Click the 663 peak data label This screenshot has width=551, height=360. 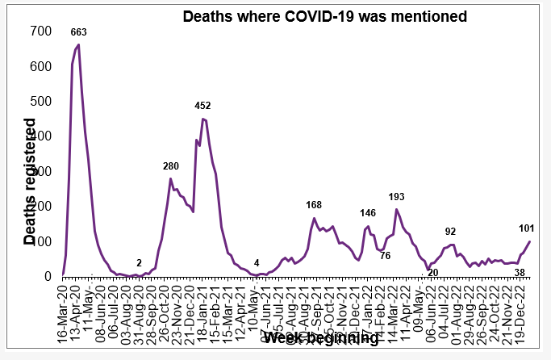click(78, 32)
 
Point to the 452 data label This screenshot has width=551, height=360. click(202, 106)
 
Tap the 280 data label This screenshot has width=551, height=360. click(171, 166)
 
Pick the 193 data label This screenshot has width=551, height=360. click(397, 196)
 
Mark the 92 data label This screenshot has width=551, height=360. click(450, 232)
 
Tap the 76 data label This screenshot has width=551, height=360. click(385, 256)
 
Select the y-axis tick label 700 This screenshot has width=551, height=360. click(40, 31)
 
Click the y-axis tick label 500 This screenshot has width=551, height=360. click(40, 102)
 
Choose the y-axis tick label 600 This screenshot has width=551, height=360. click(40, 66)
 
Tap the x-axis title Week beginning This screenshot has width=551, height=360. click(320, 337)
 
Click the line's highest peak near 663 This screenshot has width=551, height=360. click(78, 45)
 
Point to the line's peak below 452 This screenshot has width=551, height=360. click(203, 119)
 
